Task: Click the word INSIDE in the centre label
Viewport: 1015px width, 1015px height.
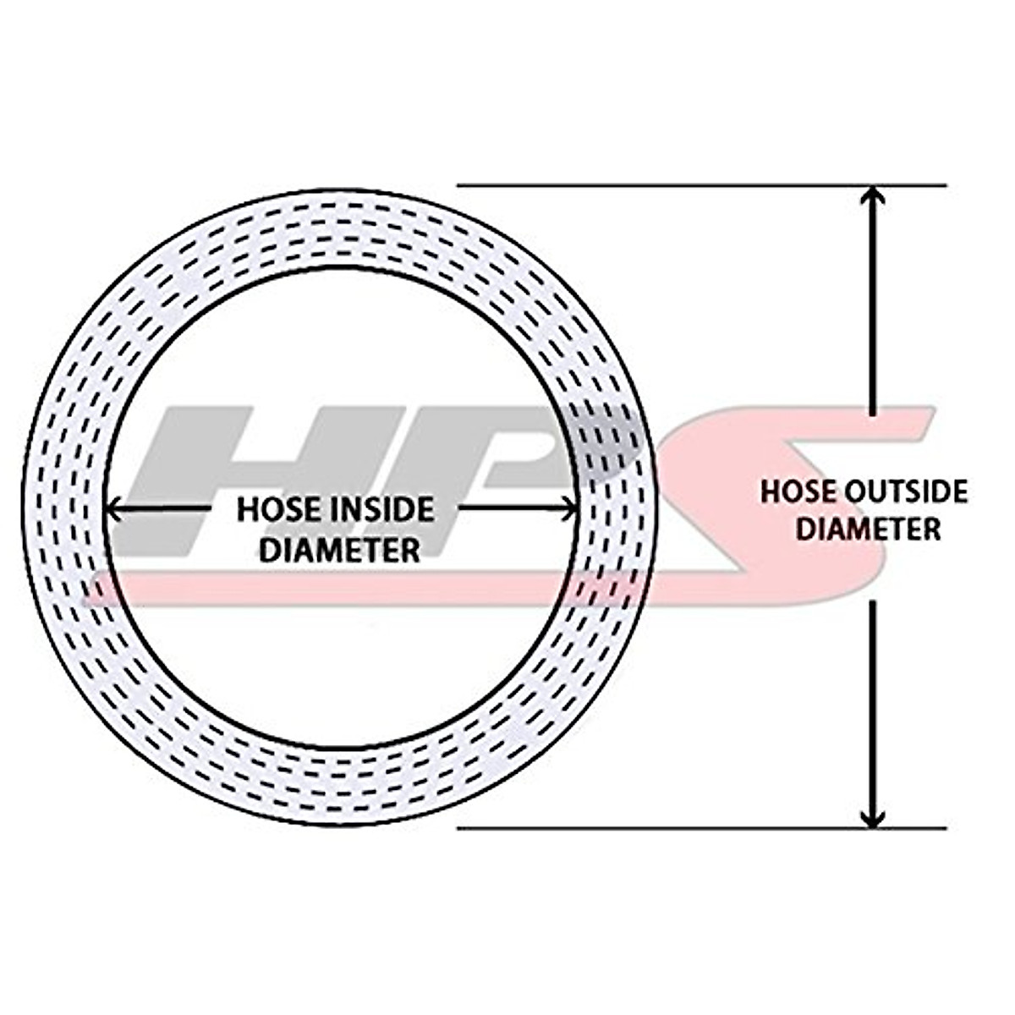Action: coord(379,510)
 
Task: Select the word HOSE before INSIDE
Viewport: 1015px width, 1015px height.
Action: coord(272,510)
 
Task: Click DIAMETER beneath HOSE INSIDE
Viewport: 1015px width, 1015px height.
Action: coord(339,550)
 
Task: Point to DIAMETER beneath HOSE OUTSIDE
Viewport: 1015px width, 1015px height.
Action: coord(870,529)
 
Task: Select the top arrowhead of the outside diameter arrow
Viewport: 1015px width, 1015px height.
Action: coord(873,196)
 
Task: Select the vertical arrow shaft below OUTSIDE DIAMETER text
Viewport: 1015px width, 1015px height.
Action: coord(873,694)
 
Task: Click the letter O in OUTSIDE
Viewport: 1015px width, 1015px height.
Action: coord(860,492)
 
